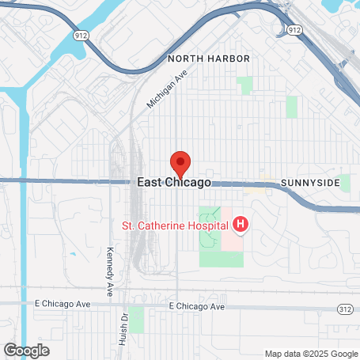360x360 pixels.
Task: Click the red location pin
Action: [x=180, y=162]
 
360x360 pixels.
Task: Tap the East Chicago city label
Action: [x=174, y=182]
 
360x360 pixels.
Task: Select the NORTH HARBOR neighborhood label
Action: [x=209, y=59]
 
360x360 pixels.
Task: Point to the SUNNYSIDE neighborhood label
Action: [x=310, y=183]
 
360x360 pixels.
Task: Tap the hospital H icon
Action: [x=241, y=226]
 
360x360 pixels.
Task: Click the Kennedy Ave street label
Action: [x=109, y=268]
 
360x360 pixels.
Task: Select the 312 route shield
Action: [x=344, y=307]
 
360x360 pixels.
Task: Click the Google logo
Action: [x=26, y=349]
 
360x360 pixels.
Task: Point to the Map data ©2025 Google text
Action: [x=310, y=354]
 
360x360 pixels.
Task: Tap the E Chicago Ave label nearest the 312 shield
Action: [x=197, y=306]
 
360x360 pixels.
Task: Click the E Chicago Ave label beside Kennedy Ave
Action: [x=63, y=304]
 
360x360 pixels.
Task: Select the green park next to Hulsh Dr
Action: [x=136, y=320]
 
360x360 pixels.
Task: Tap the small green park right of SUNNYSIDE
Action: [x=344, y=184]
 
